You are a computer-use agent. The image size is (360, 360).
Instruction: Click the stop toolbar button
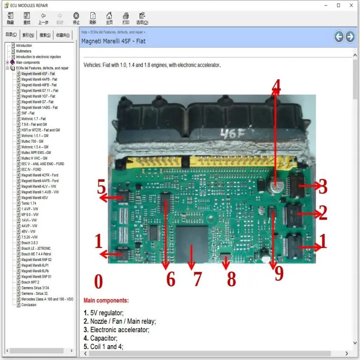[76, 18]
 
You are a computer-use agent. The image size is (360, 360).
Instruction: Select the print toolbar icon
[126, 18]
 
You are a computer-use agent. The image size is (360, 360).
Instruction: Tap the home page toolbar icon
[109, 18]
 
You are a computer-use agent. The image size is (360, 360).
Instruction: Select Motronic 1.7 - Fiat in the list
[33, 119]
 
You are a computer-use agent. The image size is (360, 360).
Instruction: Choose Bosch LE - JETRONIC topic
[36, 248]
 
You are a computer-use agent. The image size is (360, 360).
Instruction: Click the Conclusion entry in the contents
[29, 305]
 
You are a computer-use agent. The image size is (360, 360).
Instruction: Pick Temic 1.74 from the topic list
[29, 203]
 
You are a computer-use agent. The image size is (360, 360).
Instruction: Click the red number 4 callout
[275, 86]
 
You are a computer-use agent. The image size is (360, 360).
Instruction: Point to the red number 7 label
[197, 279]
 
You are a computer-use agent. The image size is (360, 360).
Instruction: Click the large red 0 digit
[98, 282]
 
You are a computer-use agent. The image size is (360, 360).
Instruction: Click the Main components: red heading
[106, 301]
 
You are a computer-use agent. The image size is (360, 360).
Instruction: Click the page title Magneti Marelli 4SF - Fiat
[113, 41]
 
